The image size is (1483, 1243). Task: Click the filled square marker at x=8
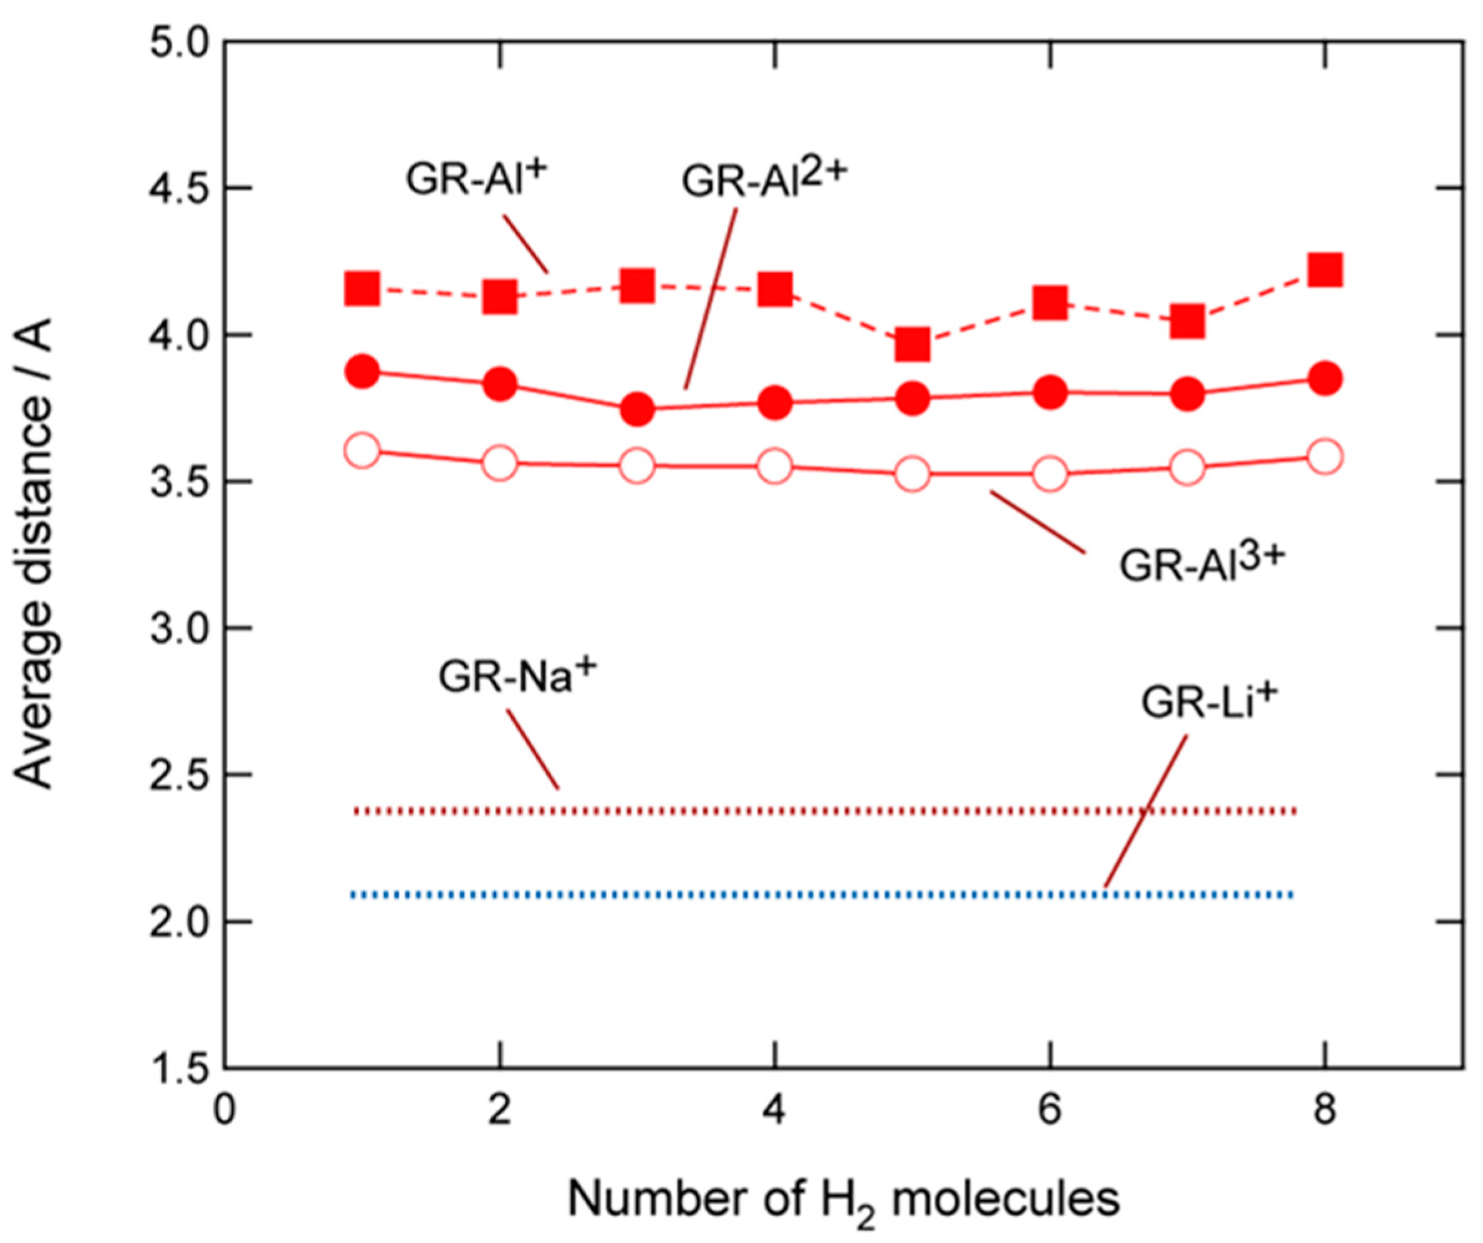tap(1324, 269)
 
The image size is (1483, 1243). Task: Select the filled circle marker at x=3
tap(638, 409)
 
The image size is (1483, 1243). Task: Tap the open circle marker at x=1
tap(362, 451)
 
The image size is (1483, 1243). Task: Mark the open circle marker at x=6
tap(1050, 474)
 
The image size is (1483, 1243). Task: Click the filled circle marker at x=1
tap(363, 371)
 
